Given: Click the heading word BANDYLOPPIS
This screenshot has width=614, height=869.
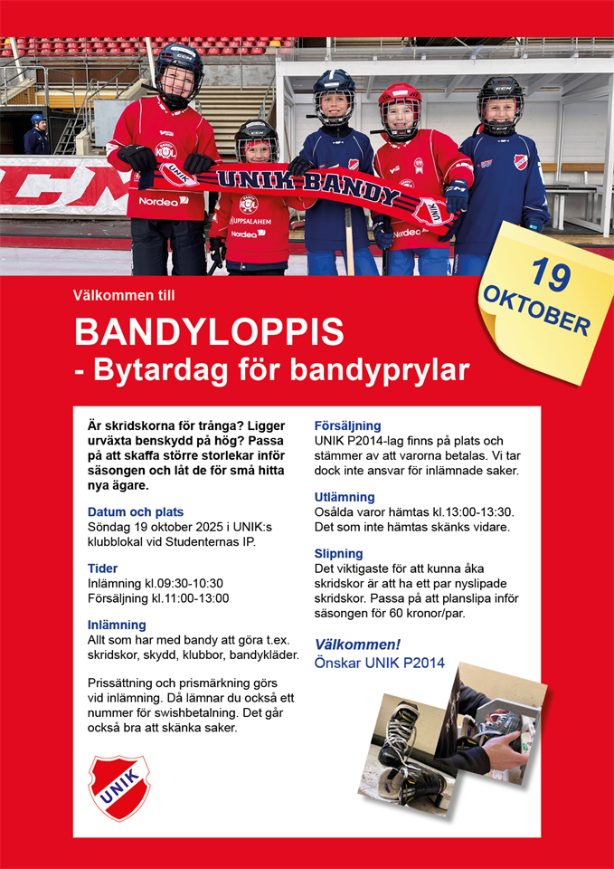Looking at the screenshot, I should (209, 332).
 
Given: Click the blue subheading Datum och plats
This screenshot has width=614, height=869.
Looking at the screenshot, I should (136, 511).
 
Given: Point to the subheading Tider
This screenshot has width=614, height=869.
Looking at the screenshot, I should (102, 568).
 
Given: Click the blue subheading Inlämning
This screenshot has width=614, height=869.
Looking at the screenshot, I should (117, 625).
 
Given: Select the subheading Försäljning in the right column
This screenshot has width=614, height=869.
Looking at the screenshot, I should (347, 425).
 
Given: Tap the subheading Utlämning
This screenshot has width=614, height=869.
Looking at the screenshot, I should (345, 497).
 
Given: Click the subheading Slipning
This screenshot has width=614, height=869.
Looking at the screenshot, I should (338, 553).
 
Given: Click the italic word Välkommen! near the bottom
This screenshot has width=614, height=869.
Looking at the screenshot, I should (357, 645).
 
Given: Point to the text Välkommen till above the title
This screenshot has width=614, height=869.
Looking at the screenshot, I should (124, 295).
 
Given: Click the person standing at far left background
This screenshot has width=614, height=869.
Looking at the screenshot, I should (36, 135).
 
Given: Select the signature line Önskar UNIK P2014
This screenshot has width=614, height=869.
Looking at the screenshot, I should (379, 663).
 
